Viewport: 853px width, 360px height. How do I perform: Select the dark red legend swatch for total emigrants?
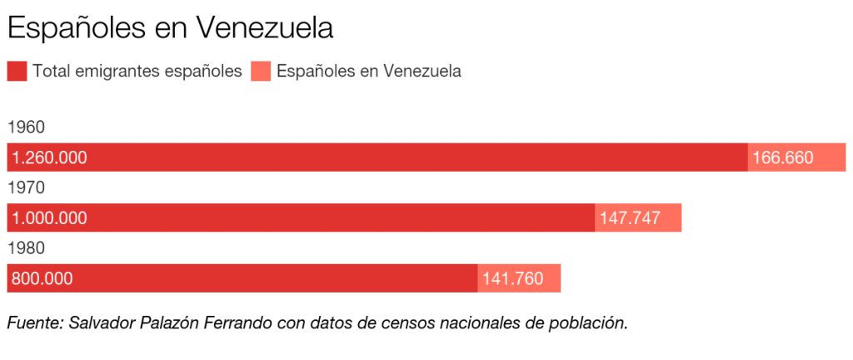(17, 71)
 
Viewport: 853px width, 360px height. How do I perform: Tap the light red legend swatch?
(261, 71)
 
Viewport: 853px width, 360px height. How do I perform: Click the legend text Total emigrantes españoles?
(137, 71)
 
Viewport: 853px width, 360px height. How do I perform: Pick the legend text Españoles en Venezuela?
(368, 71)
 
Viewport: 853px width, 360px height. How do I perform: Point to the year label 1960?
(26, 127)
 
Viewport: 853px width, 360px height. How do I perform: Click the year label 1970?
(26, 187)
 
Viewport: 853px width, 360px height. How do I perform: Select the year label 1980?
(26, 248)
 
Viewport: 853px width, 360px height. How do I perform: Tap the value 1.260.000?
(49, 157)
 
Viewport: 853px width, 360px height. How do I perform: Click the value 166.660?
(782, 157)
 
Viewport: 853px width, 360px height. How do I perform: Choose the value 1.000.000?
(49, 218)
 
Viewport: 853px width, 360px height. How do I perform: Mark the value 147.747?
(630, 218)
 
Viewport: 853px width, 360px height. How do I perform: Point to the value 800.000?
(42, 279)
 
